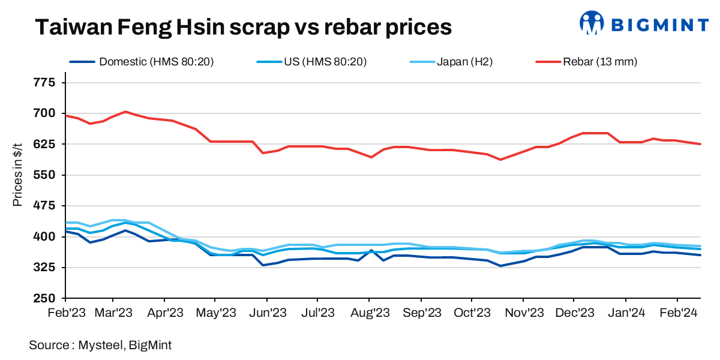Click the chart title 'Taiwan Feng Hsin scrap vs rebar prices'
(242, 27)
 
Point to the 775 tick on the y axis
(46, 82)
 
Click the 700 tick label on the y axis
(46, 113)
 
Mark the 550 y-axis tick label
(46, 175)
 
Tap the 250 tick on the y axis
(46, 298)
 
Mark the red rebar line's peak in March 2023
(125, 112)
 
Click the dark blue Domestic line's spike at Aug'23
(371, 250)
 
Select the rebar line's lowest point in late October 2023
(500, 160)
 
